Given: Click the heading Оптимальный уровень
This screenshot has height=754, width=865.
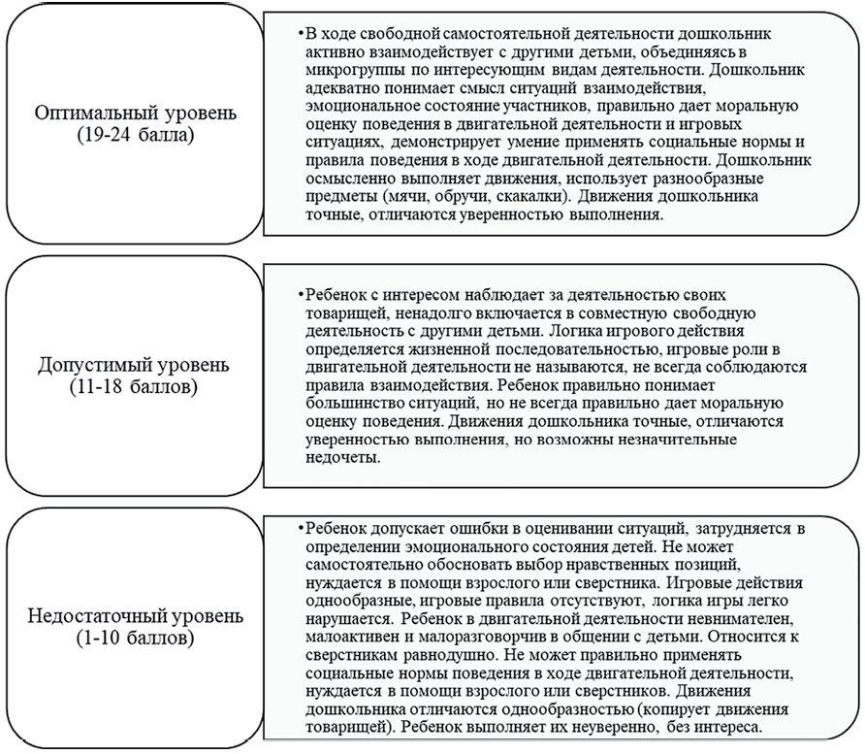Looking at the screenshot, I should tap(135, 114).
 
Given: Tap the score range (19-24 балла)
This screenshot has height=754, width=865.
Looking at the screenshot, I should tap(135, 134).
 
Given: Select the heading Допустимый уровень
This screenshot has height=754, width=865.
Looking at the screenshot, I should tap(135, 367).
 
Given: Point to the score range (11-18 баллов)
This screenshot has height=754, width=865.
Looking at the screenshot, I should tap(135, 387).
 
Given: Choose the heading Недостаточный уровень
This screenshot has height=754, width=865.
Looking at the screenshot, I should tap(135, 616).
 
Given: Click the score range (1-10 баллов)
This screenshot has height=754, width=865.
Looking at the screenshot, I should tap(135, 638).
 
